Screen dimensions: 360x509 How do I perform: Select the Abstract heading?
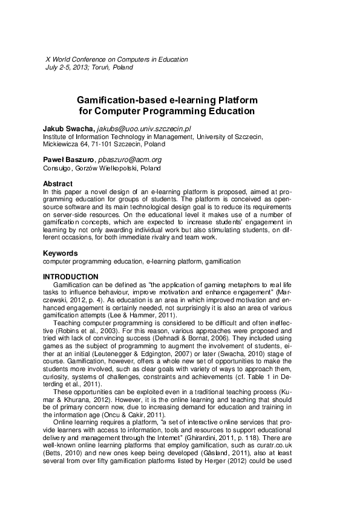coord(57,184)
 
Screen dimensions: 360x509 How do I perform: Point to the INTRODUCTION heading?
coord(71,277)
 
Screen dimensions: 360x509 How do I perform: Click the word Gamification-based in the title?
coord(114,100)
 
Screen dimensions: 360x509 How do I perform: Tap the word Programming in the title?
coord(171,111)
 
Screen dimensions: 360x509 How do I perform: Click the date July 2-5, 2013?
coord(65,68)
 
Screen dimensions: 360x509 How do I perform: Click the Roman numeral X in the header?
coord(48,60)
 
